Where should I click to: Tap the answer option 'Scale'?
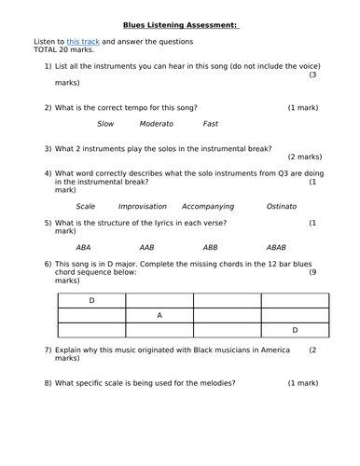pyautogui.click(x=86, y=206)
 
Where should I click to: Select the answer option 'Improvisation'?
pyautogui.click(x=142, y=206)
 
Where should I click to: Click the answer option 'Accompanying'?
pyautogui.click(x=212, y=206)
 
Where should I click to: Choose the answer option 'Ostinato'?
pyautogui.click(x=281, y=206)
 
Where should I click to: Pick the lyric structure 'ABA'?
pyautogui.click(x=83, y=248)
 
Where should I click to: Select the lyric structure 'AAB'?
pyautogui.click(x=146, y=248)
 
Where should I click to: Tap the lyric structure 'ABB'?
pyautogui.click(x=210, y=248)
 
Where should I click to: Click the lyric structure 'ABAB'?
pyautogui.click(x=276, y=248)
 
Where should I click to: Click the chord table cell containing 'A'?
pyautogui.click(x=159, y=315)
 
